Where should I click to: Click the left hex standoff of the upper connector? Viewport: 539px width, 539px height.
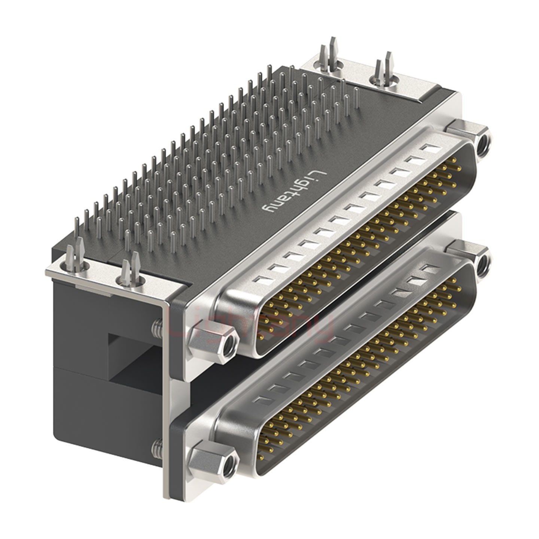(x=213, y=342)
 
